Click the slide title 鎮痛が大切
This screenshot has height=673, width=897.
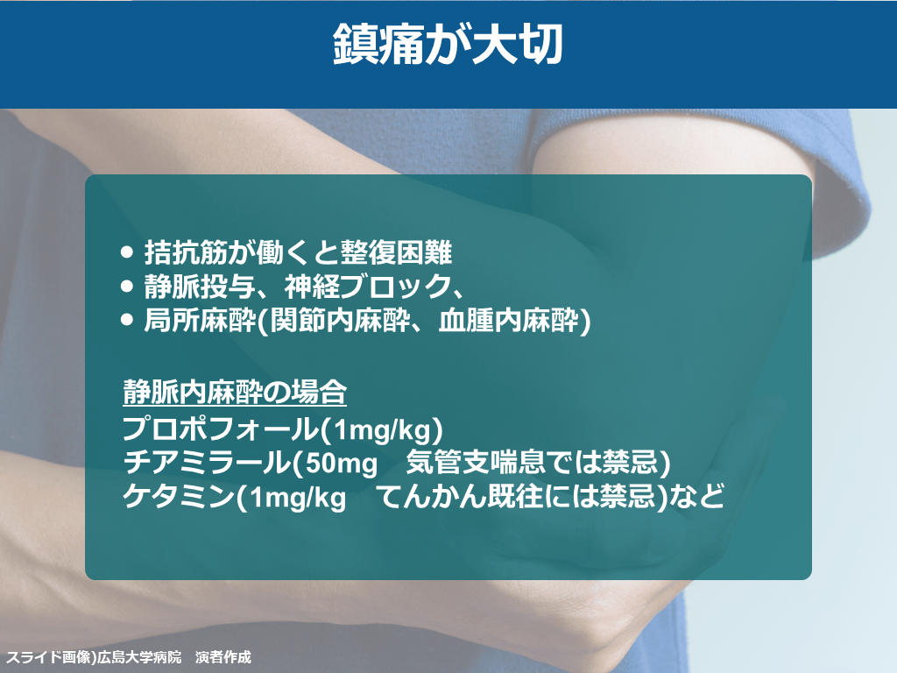[x=448, y=44]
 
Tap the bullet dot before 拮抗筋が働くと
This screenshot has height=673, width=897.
[x=127, y=252]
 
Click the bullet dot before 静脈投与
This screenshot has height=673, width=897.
[x=127, y=287]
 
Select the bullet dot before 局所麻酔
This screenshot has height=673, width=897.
[x=127, y=319]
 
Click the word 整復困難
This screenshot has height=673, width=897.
[x=397, y=252]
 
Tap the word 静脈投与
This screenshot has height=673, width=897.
[x=200, y=287]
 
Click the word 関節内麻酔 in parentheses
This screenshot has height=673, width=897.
[x=340, y=320]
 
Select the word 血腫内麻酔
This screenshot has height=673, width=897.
[x=508, y=320]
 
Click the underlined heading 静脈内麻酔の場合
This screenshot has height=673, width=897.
[x=235, y=392]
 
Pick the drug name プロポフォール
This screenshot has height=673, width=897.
[x=221, y=429]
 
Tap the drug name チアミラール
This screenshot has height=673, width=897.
[x=207, y=463]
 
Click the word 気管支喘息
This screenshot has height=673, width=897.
[x=476, y=463]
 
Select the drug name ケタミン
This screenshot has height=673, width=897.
[x=179, y=496]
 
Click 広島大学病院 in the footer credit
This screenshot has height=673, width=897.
[x=139, y=657]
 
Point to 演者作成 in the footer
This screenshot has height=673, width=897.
[x=223, y=657]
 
